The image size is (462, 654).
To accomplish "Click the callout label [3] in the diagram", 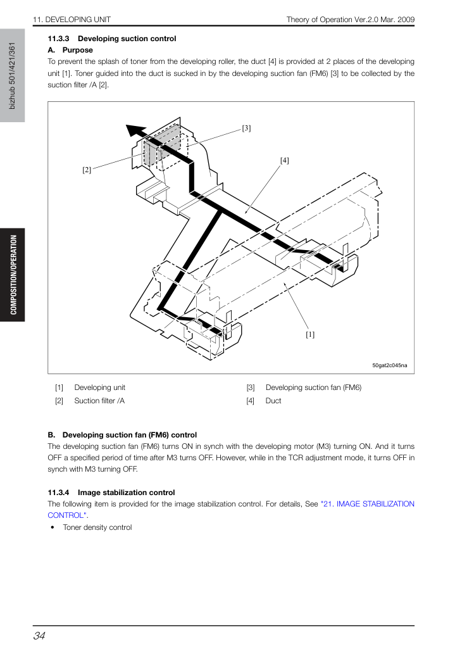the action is point(246,129).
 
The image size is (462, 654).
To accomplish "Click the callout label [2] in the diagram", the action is point(87,170).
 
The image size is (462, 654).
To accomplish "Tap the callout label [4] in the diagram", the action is point(284,160).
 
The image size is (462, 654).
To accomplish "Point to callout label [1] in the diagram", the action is point(310,334).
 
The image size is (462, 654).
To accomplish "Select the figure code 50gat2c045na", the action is point(389,365).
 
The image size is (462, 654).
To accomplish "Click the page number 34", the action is point(39,636).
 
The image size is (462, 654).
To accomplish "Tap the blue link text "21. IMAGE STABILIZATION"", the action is point(367,504).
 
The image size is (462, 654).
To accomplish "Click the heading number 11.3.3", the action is point(58,39).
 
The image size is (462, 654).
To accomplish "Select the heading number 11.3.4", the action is point(58,493).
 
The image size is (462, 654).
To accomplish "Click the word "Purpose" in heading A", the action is point(78,50).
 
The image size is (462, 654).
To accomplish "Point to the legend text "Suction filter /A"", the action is point(99,401).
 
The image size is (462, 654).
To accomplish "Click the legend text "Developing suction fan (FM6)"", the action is point(313,387).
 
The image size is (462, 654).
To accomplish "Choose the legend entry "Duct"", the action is point(273,401).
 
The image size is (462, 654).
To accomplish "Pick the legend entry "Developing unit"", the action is point(99,387).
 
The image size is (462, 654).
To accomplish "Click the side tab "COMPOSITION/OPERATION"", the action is point(13,275).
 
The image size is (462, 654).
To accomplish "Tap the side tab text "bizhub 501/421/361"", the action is point(12,75).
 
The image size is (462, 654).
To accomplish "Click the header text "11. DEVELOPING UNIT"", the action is point(72,20).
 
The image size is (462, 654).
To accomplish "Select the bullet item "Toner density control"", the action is point(97,527).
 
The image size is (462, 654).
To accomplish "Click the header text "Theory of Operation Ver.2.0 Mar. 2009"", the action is point(350,20).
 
